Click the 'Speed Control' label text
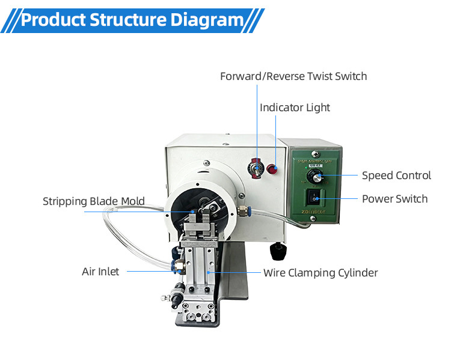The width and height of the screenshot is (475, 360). coord(396,175)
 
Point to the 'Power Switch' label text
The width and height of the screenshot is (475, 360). coord(394,199)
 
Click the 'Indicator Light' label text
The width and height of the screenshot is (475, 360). coord(295,108)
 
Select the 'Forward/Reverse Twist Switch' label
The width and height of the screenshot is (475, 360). coord(293,76)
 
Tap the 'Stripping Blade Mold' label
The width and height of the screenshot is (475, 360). coord(94,201)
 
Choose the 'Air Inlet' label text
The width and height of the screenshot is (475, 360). coord(100,272)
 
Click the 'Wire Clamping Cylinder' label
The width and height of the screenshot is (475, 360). coord(320,273)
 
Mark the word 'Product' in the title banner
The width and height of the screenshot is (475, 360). coord(53,20)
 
